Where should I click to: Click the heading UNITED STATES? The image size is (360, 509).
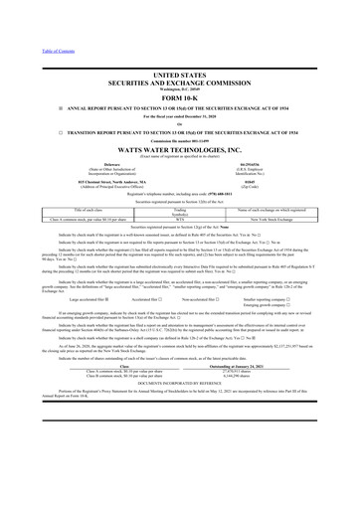click(x=179, y=75)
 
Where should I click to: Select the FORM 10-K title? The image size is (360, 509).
click(x=179, y=99)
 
